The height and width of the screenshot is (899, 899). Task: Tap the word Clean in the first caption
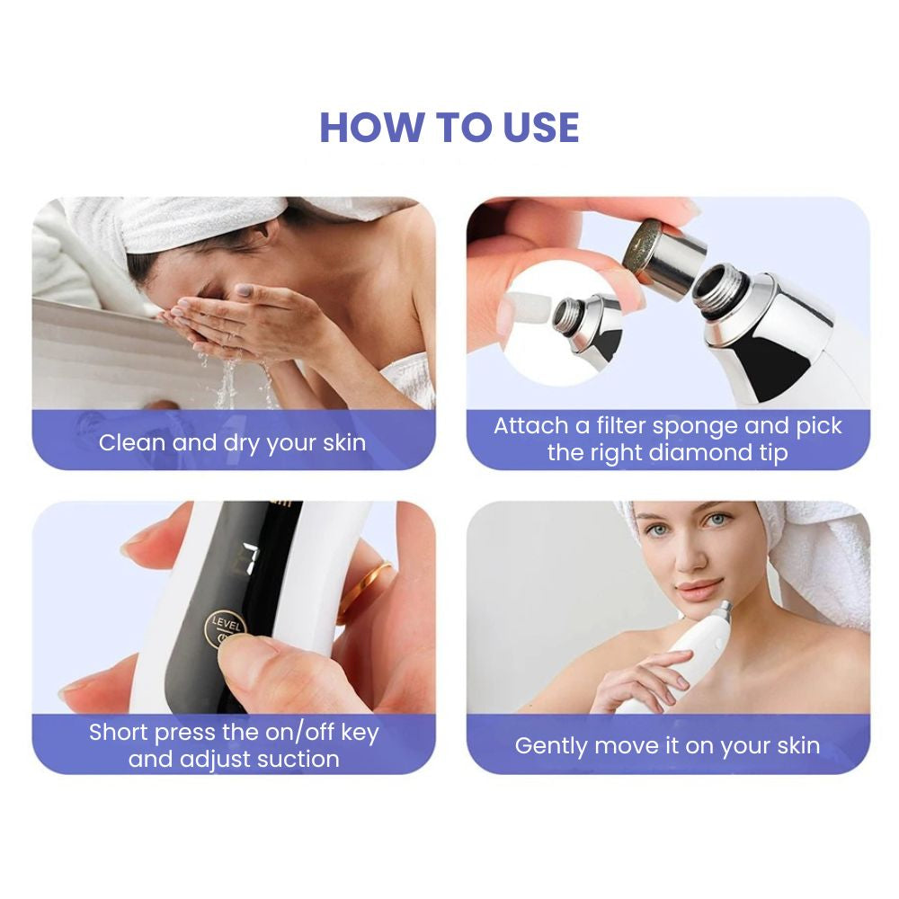coord(132,442)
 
